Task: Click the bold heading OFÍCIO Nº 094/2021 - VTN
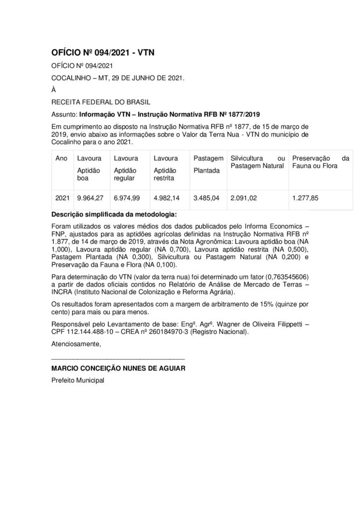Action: click(x=103, y=52)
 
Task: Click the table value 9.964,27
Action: click(x=90, y=198)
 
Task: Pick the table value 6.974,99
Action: click(x=127, y=198)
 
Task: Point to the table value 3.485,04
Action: click(x=206, y=198)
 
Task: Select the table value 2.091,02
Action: click(x=244, y=198)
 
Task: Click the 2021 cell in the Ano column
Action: click(x=62, y=198)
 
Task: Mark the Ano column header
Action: click(x=61, y=158)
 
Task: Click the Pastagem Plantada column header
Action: click(x=207, y=164)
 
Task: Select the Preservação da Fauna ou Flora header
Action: click(x=321, y=162)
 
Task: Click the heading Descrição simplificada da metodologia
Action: click(x=113, y=215)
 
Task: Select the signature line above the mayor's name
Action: click(x=118, y=358)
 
